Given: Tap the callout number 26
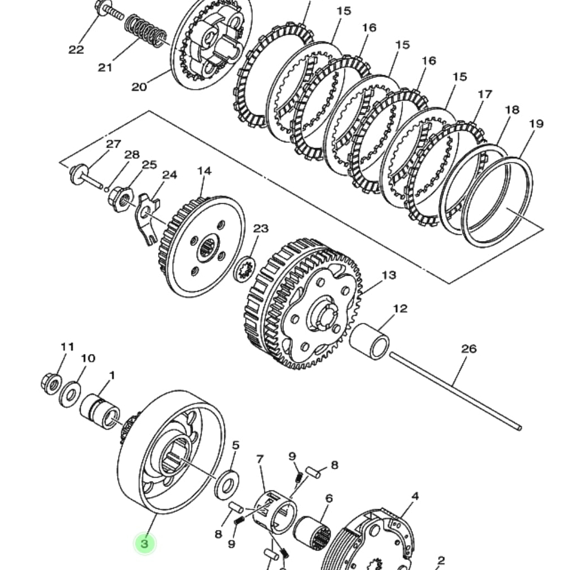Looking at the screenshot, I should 469,349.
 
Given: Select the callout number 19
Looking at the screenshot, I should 535,124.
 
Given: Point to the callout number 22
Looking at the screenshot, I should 76,50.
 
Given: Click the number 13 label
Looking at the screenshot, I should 389,275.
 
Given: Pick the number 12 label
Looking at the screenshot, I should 400,309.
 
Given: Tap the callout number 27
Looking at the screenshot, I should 114,144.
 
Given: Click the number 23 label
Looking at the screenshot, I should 261,228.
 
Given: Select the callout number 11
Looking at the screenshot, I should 67,347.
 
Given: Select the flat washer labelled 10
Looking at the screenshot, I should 70,394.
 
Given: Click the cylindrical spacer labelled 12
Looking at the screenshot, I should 370,341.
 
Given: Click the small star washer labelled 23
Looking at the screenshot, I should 244,270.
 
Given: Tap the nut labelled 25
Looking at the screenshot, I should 119,196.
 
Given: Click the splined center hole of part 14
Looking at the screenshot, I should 208,246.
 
